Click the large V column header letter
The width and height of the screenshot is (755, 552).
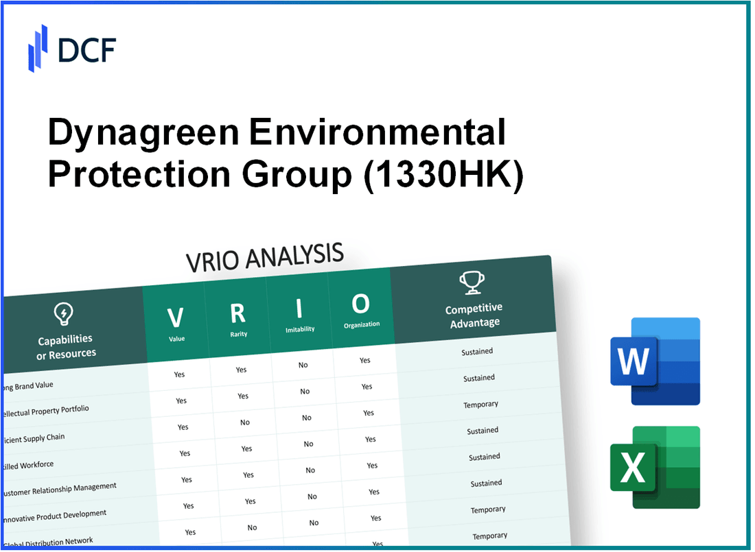[176, 317]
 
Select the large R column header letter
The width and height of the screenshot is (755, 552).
[237, 313]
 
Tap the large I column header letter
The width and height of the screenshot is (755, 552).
[299, 309]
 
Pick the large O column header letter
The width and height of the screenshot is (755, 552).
[360, 304]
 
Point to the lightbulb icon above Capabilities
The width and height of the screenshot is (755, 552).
[63, 315]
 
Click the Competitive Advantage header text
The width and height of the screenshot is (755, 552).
[474, 315]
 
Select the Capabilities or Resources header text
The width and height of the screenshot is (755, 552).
[66, 347]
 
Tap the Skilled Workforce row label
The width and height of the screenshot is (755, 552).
[27, 465]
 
